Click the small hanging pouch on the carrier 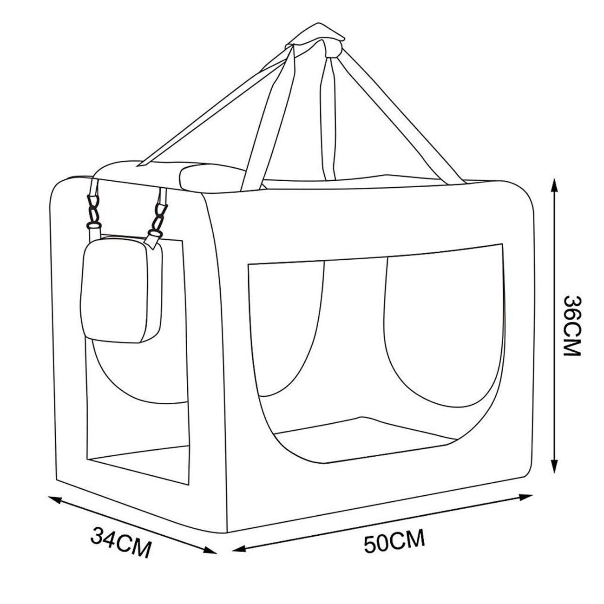[122, 290]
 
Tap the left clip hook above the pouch [93, 212]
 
